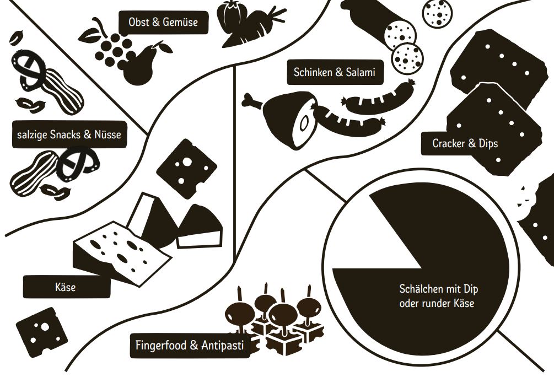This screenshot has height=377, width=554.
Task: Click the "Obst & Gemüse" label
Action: pos(163,22)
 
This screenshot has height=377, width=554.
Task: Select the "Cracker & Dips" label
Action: pos(465,143)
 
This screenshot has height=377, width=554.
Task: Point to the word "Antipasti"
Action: pos(222,345)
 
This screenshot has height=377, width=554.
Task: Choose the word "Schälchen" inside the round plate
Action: pos(421,289)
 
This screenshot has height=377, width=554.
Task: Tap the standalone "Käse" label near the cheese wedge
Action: pos(66,287)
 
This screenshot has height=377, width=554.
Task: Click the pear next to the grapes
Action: pos(144,64)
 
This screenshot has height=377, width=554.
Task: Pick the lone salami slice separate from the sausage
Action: pos(438,13)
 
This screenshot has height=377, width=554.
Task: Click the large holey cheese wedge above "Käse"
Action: pos(121,252)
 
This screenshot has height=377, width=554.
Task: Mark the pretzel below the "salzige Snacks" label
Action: pos(78,164)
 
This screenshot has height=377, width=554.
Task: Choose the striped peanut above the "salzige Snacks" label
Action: pos(63,91)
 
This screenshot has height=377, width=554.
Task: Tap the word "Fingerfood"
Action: pos(162,345)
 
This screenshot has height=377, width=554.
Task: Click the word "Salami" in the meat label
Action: pos(360,72)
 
